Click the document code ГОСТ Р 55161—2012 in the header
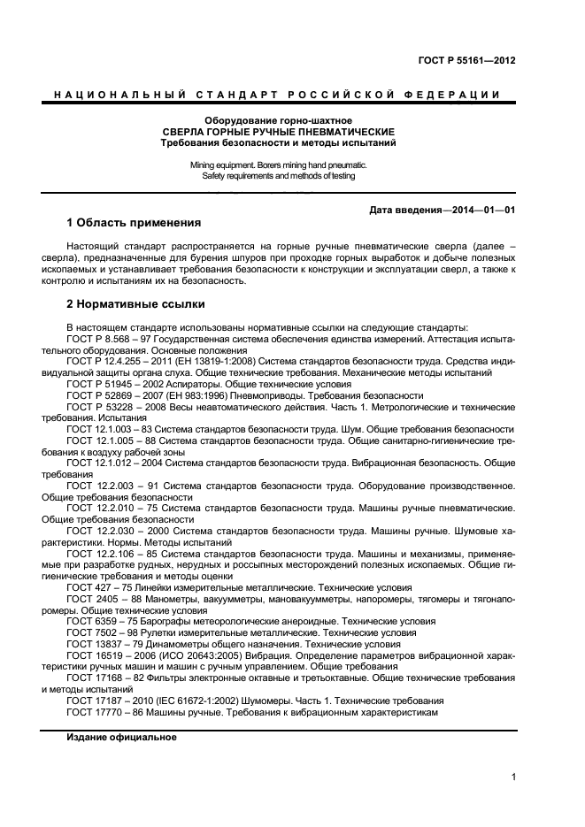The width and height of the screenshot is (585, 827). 466,61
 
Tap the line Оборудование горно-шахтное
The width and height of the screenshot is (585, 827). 278,119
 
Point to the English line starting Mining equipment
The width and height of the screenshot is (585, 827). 278,165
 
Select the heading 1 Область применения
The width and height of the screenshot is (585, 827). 135,222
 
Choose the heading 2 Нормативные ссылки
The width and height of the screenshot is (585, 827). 136,304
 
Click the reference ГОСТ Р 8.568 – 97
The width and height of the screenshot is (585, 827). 115,339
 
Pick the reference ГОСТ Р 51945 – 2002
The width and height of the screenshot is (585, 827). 119,385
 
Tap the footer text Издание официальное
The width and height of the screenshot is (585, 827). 121,737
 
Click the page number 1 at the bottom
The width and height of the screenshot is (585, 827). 513,777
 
